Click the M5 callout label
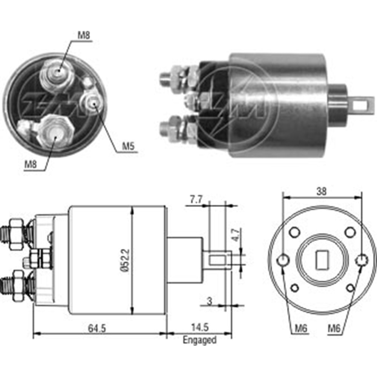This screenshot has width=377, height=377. (129, 147)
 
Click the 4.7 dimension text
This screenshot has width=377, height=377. (234, 236)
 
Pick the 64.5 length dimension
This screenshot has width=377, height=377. (97, 328)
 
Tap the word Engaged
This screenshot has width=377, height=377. (199, 340)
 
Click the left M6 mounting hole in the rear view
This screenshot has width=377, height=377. (283, 260)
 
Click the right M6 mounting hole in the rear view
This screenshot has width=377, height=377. (362, 260)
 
